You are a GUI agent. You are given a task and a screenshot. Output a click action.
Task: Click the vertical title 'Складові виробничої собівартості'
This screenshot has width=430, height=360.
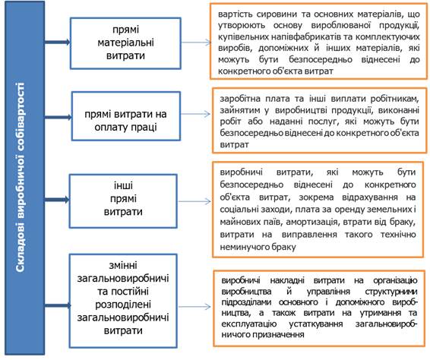point(20,178)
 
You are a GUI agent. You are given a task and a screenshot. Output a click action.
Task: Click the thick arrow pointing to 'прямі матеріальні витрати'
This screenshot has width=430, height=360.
point(57,42)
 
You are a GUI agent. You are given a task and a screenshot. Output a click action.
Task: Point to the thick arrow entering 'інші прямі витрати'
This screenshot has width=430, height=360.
point(57,200)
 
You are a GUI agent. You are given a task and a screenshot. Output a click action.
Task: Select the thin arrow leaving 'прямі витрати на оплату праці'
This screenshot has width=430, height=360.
point(195,114)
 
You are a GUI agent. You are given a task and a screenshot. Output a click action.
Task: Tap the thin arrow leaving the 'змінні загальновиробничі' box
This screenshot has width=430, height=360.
point(194,306)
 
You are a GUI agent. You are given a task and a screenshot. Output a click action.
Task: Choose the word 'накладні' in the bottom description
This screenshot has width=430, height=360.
point(287,280)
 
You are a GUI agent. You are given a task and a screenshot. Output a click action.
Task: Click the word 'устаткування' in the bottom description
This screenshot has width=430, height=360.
point(316,324)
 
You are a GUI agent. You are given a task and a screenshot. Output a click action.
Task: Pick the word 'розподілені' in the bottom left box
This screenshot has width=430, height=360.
point(123,305)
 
